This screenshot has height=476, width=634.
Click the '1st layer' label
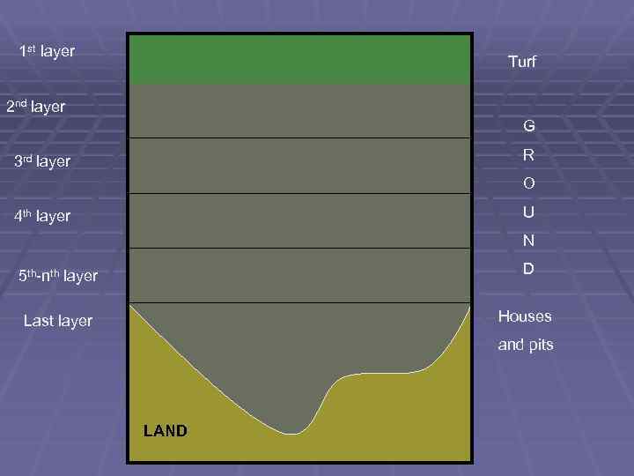pos(47,52)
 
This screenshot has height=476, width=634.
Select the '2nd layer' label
pos(35,107)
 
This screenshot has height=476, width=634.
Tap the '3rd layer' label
pos(42,161)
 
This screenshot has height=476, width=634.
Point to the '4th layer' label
pos(42,216)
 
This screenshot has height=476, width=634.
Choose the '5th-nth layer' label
pos(58,276)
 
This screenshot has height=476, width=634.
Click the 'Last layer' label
pos(58,321)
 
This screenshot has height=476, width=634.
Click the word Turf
pos(522,62)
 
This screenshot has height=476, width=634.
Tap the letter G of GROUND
pos(528,126)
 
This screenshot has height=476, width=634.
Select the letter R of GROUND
pos(528,155)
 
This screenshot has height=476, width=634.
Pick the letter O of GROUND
pos(528,184)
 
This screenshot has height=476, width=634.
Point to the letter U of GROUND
pos(528,212)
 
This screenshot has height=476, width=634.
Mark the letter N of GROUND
pos(528,241)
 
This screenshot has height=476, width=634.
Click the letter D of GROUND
pos(528,269)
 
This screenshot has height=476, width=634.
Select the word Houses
pos(525,316)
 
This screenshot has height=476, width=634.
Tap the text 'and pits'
pos(526,345)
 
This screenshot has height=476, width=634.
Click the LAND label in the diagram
pos(165,431)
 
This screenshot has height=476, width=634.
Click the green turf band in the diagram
pos(299,60)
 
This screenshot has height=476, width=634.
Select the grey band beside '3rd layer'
pos(299,166)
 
